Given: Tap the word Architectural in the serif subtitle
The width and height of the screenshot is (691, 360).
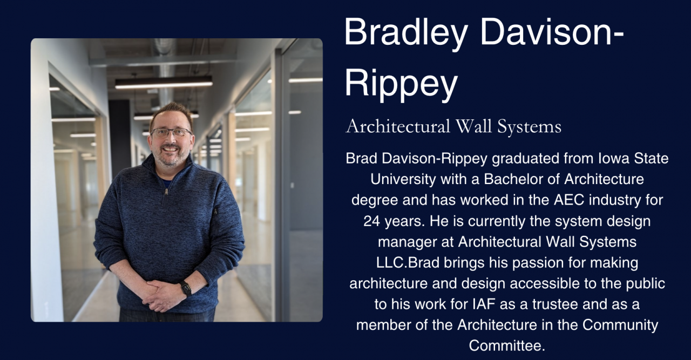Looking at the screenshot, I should click(397, 127).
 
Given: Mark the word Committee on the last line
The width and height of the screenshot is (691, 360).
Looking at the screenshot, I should click(507, 345).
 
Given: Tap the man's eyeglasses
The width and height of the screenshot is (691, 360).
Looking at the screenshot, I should click(171, 132).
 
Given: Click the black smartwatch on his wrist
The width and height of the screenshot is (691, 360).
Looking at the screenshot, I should click(186, 288).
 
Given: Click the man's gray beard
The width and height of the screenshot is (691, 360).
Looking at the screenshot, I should click(171, 158).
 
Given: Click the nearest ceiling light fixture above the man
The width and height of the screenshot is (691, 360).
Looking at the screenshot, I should click(164, 82).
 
